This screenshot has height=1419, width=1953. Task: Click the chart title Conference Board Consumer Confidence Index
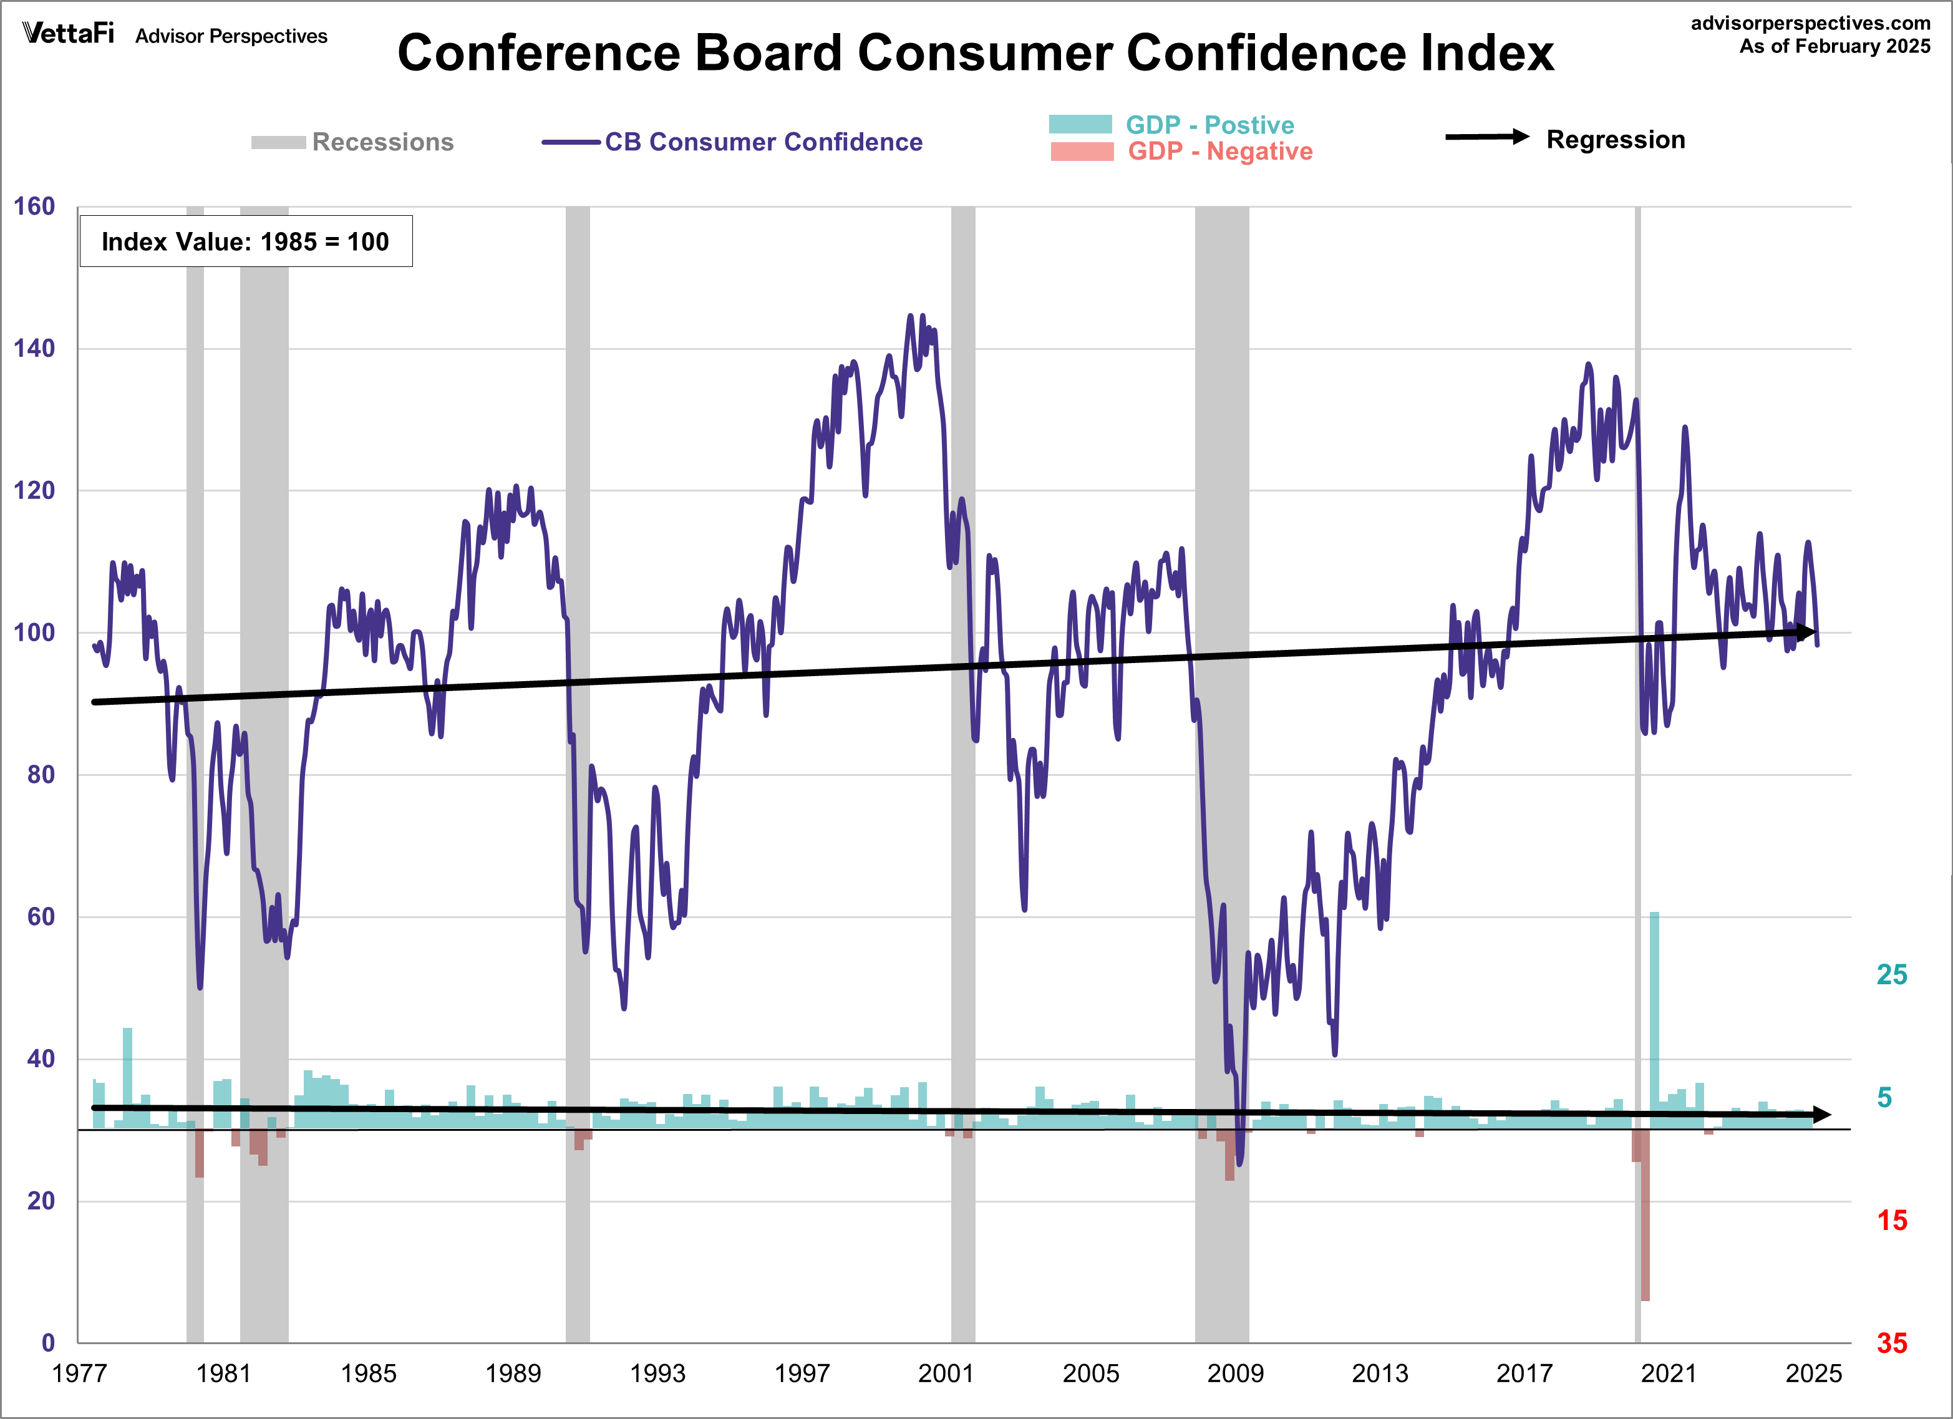975,54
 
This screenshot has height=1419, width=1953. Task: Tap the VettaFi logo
68,34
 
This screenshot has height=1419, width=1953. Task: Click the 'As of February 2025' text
1834,47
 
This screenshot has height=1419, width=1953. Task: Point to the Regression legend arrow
1486,137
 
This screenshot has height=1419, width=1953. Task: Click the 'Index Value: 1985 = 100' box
245,241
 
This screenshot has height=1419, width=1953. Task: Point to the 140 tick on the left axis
34,349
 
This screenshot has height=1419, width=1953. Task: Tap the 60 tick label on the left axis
41,917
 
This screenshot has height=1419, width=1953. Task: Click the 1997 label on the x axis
801,1373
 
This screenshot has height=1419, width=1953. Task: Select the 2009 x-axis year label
1235,1373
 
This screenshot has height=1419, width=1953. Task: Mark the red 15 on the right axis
1891,1221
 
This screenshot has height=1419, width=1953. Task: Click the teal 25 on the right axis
1891,975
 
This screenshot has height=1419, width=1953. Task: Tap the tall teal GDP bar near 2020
1654,1016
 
